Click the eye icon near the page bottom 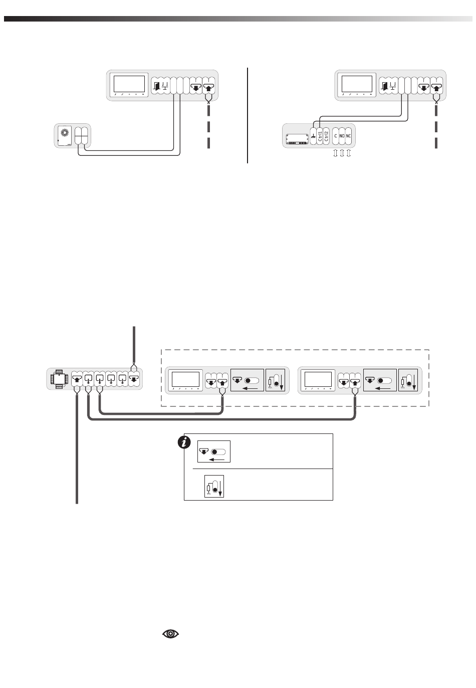171,634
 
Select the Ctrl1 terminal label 319,135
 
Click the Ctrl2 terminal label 326,135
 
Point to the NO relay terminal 342,136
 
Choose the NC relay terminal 349,136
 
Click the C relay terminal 336,136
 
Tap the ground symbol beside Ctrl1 313,135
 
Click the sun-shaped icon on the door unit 64,132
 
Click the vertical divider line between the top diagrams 248,115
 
